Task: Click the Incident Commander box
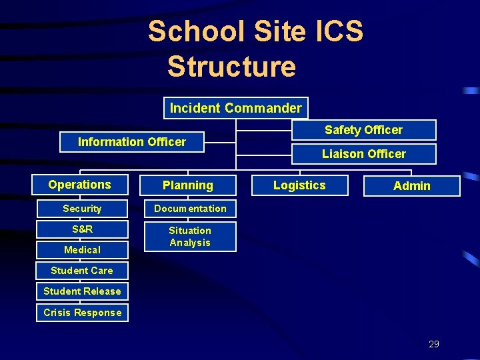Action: [235, 108]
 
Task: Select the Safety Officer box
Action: [363, 130]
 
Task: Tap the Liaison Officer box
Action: [363, 154]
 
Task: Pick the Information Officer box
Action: [132, 142]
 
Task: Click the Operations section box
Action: [80, 185]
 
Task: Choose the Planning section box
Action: [188, 185]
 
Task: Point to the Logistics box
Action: [299, 185]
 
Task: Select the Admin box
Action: [411, 186]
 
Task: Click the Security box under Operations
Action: [82, 209]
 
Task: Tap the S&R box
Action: [82, 229]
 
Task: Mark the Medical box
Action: [82, 250]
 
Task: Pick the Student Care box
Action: [82, 271]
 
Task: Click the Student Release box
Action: [82, 291]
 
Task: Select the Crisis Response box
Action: [82, 313]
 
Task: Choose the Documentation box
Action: [190, 209]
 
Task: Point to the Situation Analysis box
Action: [190, 237]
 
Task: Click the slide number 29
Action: [434, 344]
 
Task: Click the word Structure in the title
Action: [231, 67]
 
